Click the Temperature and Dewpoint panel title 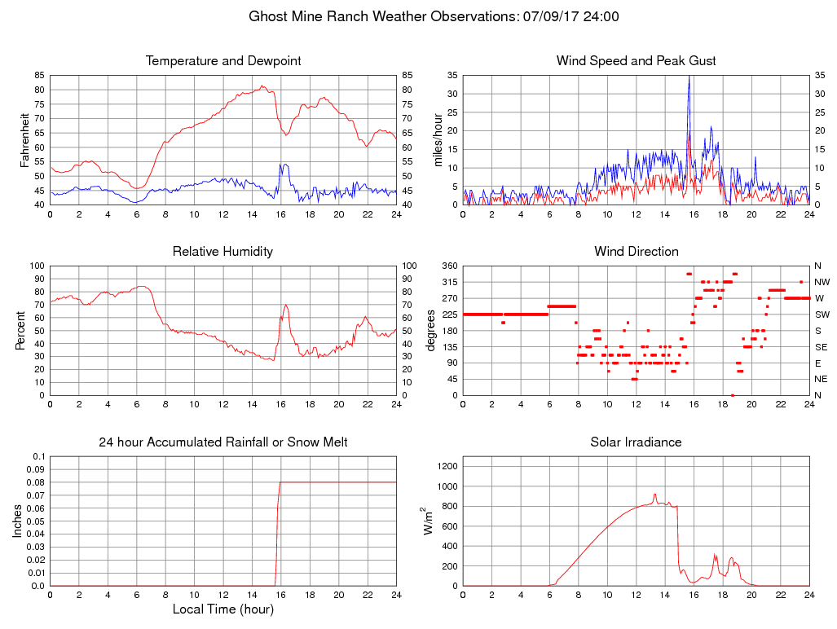point(223,61)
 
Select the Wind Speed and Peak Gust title point(636,61)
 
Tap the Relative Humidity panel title point(223,251)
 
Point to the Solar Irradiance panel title point(636,442)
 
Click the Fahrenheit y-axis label point(24,139)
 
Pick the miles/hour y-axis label point(438,139)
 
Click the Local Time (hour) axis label point(223,609)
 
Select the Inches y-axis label point(18,521)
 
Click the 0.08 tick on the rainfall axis point(37,482)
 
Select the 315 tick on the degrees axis point(447,282)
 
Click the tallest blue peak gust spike point(689,77)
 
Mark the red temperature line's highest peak point(262,86)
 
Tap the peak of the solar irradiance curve point(654,494)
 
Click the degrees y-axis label point(432,330)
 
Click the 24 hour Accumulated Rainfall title point(223,442)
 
